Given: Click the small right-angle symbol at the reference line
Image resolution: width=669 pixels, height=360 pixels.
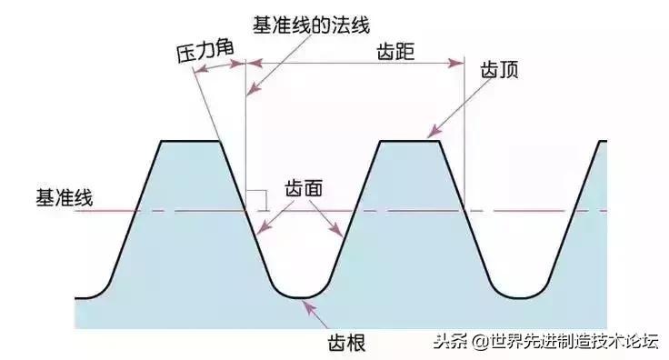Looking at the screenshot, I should click(x=258, y=200).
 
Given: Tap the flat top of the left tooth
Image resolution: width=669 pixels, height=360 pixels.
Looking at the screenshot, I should click(x=191, y=141).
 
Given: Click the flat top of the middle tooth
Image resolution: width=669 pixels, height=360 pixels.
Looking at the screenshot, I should click(x=409, y=141).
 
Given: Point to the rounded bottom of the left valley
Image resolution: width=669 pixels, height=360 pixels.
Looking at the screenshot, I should click(x=300, y=296).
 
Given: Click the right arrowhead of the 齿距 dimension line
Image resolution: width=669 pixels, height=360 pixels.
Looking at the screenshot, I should click(x=458, y=63).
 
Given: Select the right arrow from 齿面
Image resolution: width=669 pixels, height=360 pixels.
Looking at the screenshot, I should click(x=333, y=222).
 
